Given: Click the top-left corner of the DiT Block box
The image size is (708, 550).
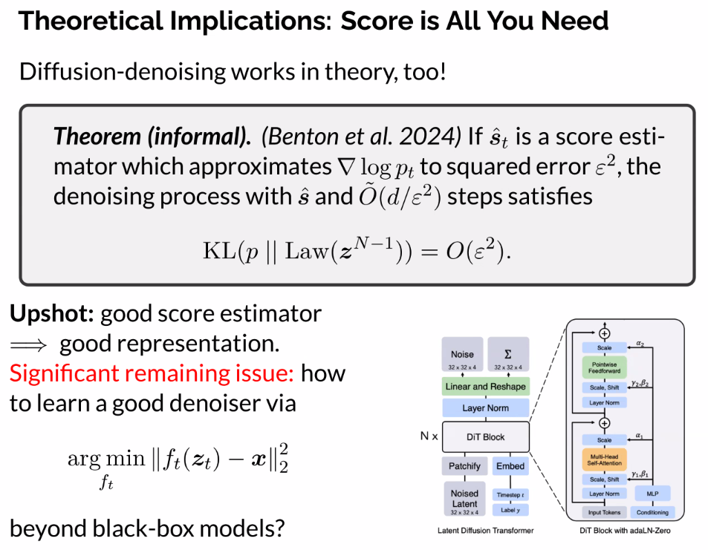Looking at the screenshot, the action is [443, 422].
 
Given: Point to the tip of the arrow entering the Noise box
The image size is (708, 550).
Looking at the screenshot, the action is [462, 373].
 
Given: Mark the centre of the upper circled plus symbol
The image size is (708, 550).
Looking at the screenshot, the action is [604, 333].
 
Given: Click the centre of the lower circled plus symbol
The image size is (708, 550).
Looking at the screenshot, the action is [604, 423].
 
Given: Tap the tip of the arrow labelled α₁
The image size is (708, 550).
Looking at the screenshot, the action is [628, 439].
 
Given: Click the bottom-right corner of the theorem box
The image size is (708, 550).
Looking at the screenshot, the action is [695, 284].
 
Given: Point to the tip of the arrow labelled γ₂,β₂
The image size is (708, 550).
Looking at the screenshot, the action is [628, 387].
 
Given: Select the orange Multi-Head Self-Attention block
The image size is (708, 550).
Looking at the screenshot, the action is [604, 459].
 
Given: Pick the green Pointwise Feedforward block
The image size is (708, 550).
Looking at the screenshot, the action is [604, 367].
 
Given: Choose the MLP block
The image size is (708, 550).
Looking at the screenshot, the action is [652, 494].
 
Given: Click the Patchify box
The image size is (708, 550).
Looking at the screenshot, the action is [464, 466].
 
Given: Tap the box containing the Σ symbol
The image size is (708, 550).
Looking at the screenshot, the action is [508, 354].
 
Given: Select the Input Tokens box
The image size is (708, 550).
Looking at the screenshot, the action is [604, 512].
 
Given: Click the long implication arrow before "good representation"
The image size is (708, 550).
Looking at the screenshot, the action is [28, 346].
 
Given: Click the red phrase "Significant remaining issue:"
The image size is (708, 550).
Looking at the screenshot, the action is [152, 373].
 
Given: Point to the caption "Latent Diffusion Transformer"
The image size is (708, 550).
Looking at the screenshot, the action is [485, 531].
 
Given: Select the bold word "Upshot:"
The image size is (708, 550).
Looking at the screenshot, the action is [51, 313].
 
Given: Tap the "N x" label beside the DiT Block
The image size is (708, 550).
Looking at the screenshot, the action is [429, 436].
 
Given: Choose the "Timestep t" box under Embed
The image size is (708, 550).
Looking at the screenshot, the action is [510, 495].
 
